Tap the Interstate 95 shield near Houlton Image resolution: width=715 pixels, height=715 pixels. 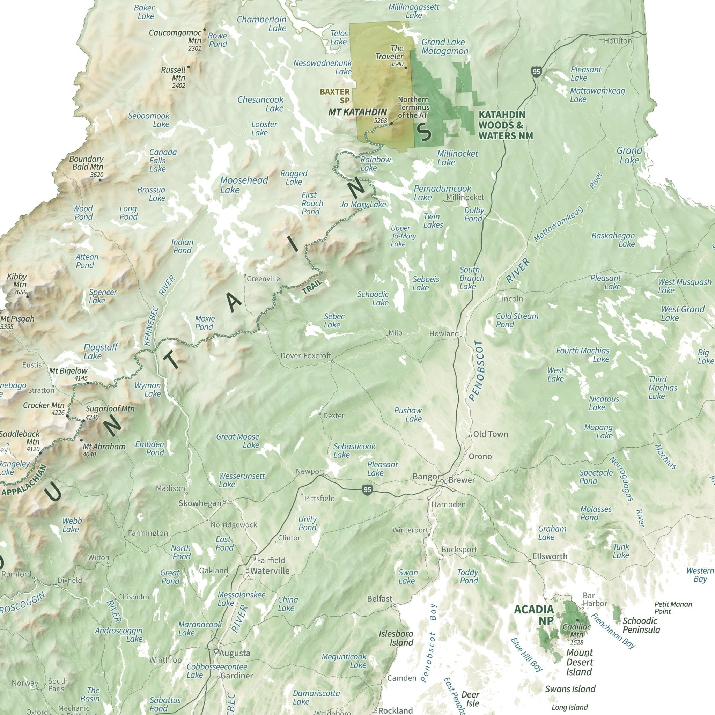(x=536, y=72)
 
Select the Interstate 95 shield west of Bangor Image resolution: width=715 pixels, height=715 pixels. (x=367, y=490)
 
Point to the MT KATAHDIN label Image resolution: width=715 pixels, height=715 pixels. (x=357, y=112)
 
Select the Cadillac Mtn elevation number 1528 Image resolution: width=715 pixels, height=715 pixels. (x=577, y=642)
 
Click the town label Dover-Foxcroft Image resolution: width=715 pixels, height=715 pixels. (x=306, y=356)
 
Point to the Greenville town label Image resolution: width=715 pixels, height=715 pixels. (x=263, y=279)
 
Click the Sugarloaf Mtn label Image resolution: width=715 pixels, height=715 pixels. (x=110, y=408)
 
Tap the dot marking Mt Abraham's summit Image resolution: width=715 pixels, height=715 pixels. (x=81, y=440)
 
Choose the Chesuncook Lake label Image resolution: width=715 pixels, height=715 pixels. (x=260, y=104)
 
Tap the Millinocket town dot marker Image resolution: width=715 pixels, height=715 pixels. (x=443, y=202)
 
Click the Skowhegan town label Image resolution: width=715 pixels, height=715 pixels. (x=200, y=503)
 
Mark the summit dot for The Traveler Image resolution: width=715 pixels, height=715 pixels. (x=406, y=68)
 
